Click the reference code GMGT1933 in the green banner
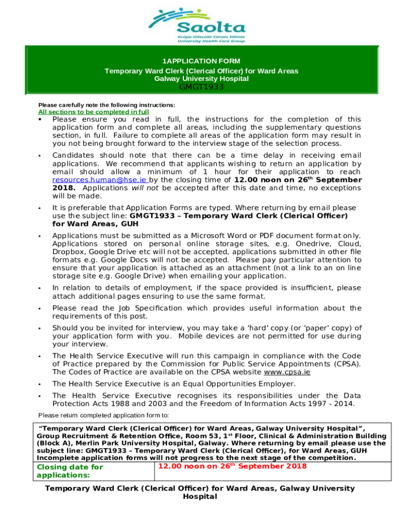click(202, 87)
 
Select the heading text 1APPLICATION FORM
click(202, 61)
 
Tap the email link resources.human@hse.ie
click(88, 180)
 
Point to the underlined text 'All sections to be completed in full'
click(94, 111)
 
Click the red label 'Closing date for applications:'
click(70, 471)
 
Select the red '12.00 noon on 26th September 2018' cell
click(232, 466)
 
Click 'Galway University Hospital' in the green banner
click(202, 79)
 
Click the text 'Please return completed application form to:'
click(103, 415)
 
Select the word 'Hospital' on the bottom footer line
click(200, 496)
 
